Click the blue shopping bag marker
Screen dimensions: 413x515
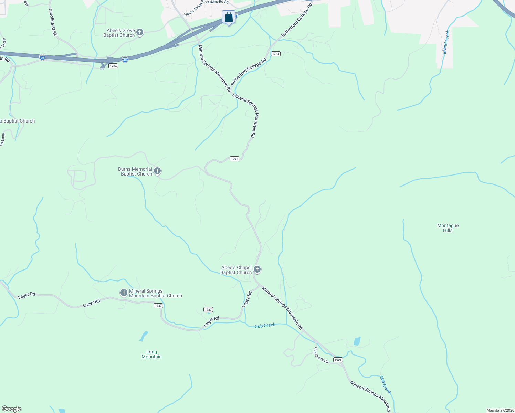tap(229, 17)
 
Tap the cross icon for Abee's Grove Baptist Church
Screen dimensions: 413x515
tap(139, 33)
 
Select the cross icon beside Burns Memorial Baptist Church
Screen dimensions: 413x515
tap(157, 171)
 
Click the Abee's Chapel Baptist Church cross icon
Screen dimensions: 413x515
tap(257, 269)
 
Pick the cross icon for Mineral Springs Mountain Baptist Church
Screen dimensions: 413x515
tap(124, 293)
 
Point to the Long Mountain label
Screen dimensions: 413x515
tap(151, 354)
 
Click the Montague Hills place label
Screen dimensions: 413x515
tap(448, 228)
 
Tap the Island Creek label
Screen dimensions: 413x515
tap(446, 42)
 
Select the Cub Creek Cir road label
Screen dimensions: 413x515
tap(321, 355)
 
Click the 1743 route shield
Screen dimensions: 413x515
tap(275, 54)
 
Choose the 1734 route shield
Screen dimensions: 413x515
tap(113, 66)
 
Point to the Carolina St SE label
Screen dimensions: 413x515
tap(53, 23)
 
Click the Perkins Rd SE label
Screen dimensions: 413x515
tap(217, 2)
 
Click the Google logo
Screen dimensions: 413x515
tap(12, 409)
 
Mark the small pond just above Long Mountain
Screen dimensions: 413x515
tap(144, 336)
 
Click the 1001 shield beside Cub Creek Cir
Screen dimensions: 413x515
tap(338, 360)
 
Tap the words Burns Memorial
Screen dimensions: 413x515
tap(135, 169)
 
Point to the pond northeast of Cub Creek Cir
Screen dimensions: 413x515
tap(357, 341)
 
